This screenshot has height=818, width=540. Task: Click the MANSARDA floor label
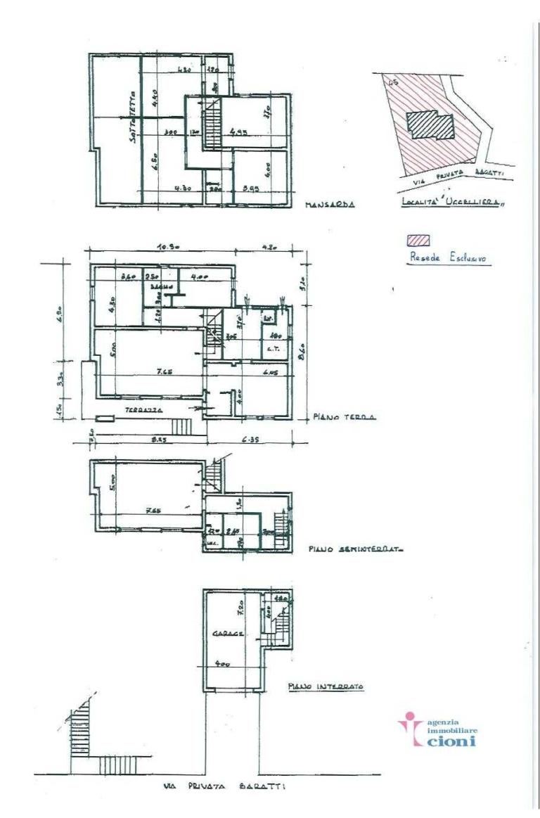pos(329,206)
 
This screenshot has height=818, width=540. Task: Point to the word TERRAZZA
pos(141,409)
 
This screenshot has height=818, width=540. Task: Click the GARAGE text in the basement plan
pos(229,634)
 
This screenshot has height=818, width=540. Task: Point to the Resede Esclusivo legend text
pos(450,257)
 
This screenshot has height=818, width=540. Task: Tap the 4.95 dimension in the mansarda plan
pos(240,131)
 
